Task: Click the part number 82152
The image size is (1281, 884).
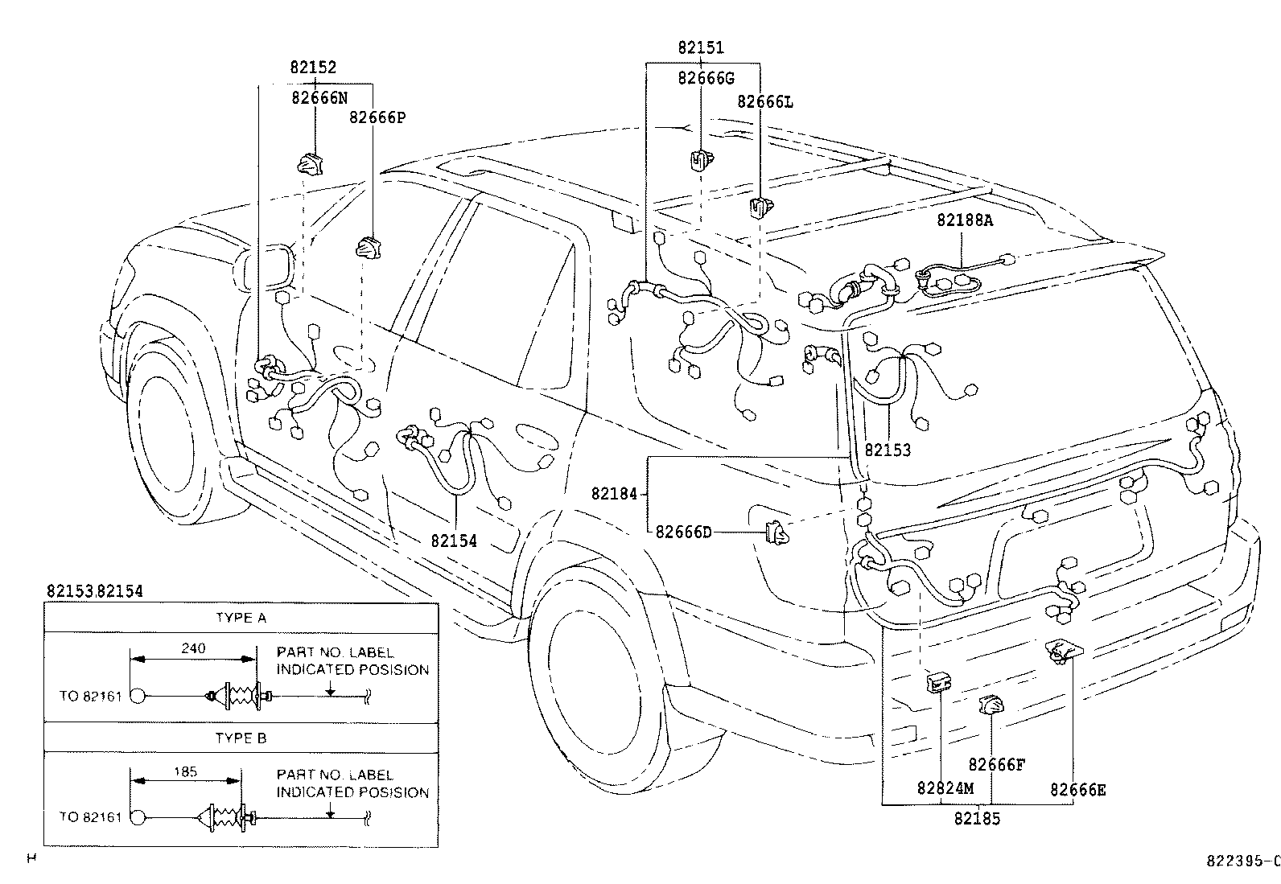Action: [x=313, y=68]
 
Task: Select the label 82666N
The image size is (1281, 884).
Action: [x=319, y=97]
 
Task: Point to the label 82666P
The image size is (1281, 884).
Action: [x=377, y=117]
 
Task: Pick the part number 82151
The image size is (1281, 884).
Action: [x=700, y=48]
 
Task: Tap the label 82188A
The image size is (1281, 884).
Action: [x=964, y=220]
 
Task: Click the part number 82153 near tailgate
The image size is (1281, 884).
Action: [x=888, y=450]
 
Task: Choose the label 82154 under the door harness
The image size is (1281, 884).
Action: [x=454, y=541]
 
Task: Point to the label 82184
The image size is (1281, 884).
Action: [x=614, y=493]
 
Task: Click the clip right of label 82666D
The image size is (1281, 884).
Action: [x=776, y=532]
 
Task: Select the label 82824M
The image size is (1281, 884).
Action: [x=945, y=788]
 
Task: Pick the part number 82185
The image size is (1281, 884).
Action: [x=978, y=820]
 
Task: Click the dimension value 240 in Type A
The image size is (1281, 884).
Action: [x=194, y=648]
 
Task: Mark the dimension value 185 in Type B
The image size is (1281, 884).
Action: [x=185, y=771]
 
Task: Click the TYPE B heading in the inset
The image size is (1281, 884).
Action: [x=241, y=738]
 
